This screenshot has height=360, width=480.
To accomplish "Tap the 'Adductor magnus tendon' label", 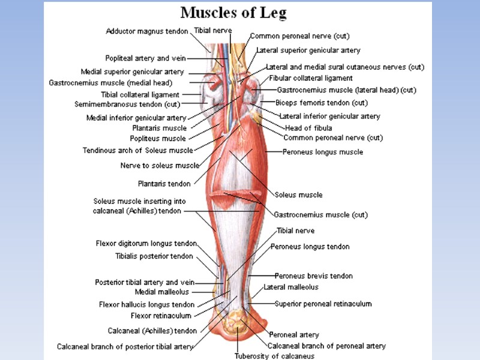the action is [148, 31].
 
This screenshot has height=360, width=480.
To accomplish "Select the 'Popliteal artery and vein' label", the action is [146, 58].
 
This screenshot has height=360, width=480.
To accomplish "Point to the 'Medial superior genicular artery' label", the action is [132, 72].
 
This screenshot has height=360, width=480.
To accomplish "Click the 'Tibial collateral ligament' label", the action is [140, 94].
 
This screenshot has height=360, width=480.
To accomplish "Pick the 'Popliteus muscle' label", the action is [159, 138].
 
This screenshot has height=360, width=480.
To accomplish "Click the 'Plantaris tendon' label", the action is [164, 184].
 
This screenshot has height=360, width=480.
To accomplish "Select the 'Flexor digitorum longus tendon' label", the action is [146, 244].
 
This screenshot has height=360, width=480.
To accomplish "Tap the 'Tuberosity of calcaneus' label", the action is [266, 356].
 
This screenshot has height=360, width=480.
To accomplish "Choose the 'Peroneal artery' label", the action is [294, 334].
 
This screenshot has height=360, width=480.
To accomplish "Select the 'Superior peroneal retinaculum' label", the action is [323, 304].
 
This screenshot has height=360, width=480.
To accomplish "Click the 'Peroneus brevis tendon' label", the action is [314, 276].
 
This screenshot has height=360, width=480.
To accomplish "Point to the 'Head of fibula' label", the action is [308, 127].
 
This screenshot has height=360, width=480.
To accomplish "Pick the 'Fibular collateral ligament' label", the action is [311, 78].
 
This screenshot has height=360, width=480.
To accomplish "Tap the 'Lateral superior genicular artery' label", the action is [308, 50].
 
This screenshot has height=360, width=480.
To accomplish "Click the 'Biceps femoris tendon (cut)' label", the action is [322, 103].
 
